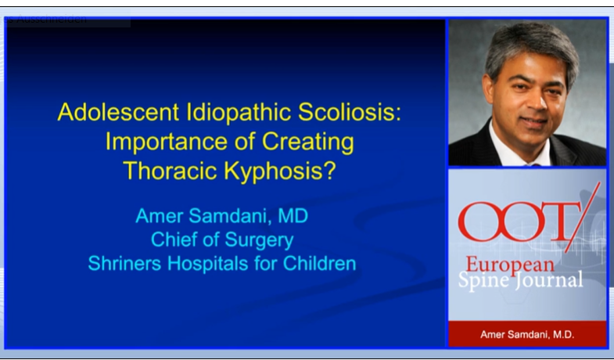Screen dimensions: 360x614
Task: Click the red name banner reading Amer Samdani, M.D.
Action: (x=526, y=335)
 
